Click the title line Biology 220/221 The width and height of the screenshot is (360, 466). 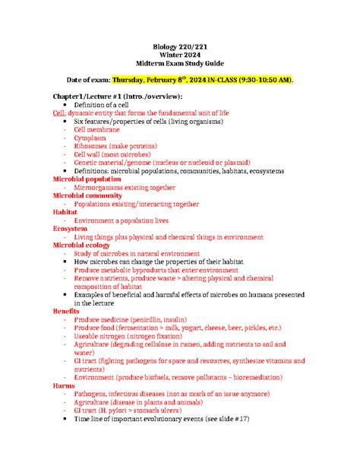(x=180, y=45)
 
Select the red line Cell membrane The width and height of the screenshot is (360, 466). (x=98, y=131)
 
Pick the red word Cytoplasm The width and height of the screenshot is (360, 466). (x=90, y=140)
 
